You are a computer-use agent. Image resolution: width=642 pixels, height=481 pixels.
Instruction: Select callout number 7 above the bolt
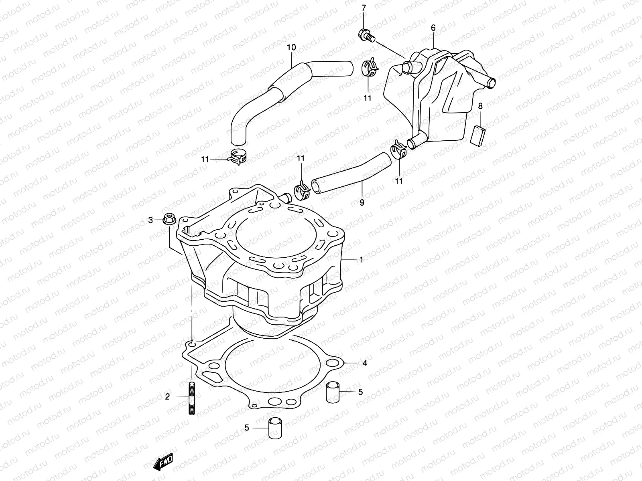(x=364, y=8)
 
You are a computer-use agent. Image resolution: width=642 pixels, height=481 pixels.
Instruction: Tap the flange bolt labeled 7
(x=366, y=36)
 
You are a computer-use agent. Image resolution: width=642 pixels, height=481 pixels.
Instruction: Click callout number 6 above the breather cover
(x=433, y=28)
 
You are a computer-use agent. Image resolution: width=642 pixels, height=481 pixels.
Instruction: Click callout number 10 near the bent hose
(x=291, y=47)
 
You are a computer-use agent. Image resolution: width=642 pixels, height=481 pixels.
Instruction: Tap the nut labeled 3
(x=169, y=220)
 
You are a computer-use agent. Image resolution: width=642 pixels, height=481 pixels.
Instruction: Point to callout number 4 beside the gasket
(x=365, y=364)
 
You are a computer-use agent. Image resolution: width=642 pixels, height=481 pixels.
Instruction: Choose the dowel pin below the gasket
(x=274, y=428)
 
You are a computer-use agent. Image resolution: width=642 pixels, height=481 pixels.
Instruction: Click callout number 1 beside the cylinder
(x=361, y=260)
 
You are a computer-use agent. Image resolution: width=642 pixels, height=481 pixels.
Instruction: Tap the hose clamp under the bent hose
(x=237, y=157)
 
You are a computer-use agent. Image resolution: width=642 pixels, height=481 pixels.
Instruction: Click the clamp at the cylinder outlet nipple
(x=303, y=188)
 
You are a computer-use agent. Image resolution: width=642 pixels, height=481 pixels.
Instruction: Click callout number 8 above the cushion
(x=480, y=106)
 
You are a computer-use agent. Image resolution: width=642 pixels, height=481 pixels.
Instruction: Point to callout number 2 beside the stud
(x=167, y=397)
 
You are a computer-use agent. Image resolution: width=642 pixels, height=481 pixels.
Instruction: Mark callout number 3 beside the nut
(x=151, y=220)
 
